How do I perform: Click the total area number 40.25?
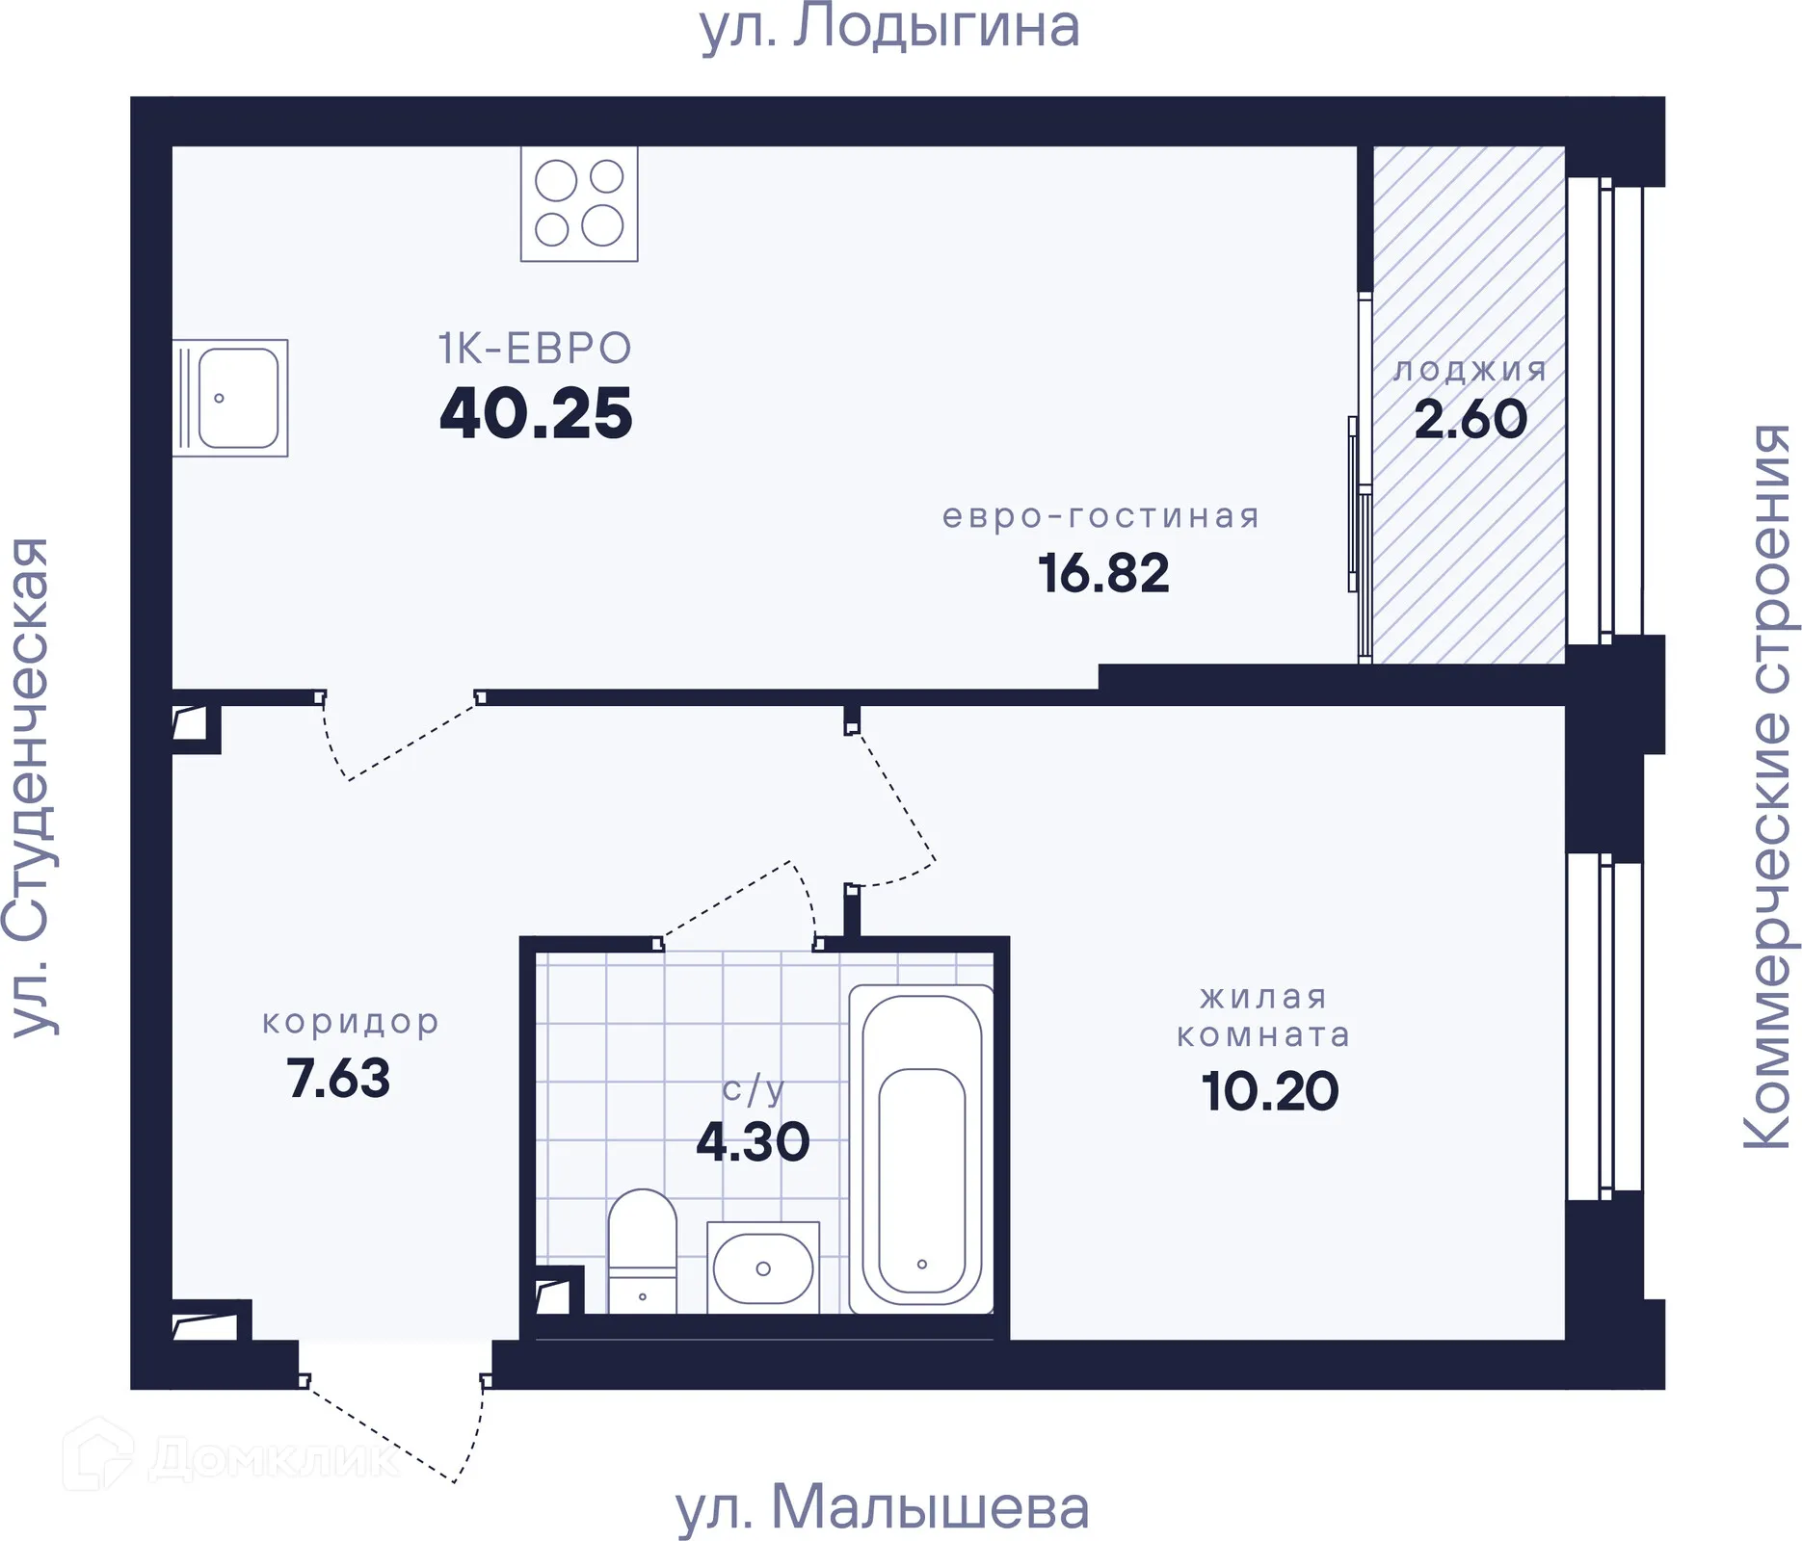click(x=536, y=414)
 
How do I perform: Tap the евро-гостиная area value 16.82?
click(x=1103, y=573)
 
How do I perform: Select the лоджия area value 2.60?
click(x=1471, y=419)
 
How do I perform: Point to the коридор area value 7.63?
click(x=338, y=1078)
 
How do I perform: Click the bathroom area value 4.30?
click(x=753, y=1142)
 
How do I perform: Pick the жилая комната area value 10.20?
click(x=1270, y=1091)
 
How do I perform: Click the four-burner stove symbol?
click(x=579, y=203)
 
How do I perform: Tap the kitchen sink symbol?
click(x=230, y=398)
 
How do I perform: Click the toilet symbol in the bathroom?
click(x=642, y=1250)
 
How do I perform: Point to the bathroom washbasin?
click(x=762, y=1267)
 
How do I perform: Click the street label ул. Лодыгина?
click(x=888, y=27)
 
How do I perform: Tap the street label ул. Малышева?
click(x=882, y=1507)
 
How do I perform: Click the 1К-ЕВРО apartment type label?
click(x=535, y=349)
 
